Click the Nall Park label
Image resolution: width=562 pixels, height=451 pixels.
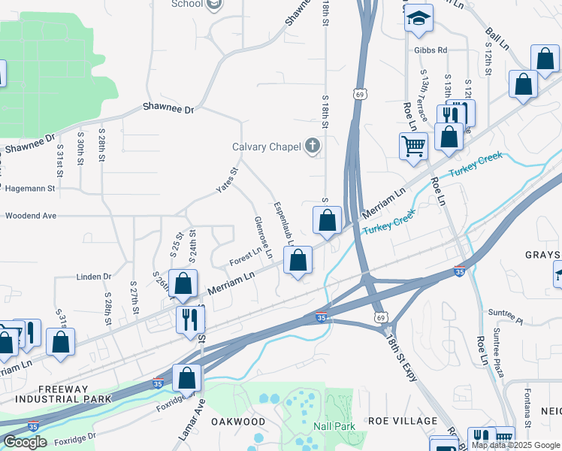coord(334,426)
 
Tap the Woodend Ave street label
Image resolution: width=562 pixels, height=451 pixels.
coord(30,216)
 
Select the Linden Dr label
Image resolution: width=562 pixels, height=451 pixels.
coord(93,277)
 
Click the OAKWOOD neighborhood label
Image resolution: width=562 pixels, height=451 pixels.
coord(238,422)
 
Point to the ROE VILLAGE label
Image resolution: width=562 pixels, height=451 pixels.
coord(403,421)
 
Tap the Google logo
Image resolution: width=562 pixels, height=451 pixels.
coord(25,442)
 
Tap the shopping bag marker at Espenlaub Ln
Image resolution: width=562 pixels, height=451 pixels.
coord(298,261)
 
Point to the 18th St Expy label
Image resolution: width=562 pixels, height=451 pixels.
coord(402,360)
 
